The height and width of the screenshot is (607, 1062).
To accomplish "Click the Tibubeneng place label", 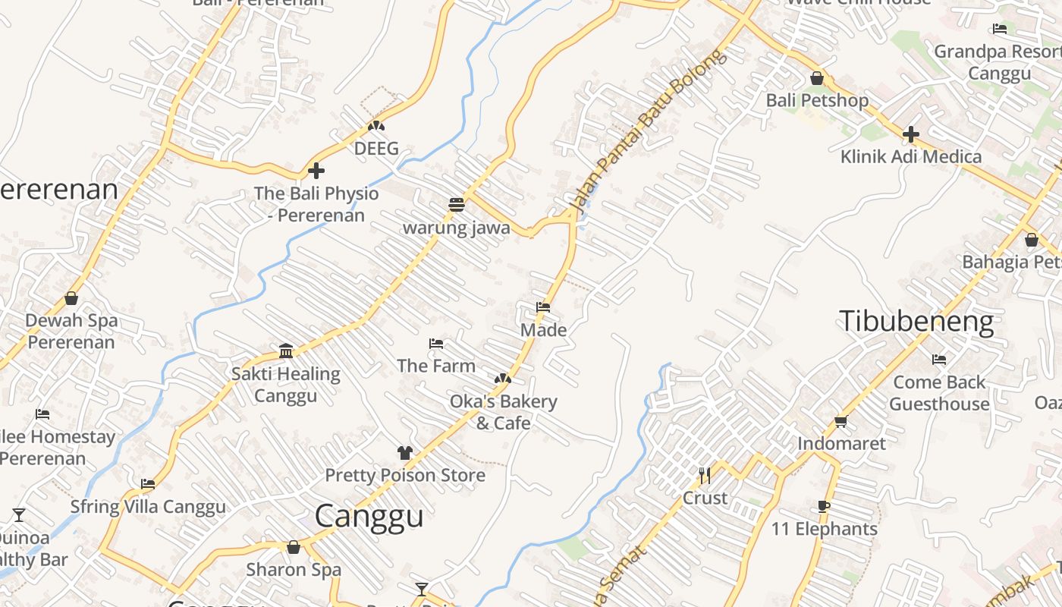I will point(916,322).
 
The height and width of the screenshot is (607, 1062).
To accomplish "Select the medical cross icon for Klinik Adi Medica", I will point(910,134).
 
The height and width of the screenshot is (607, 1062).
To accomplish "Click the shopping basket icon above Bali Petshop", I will point(816,78).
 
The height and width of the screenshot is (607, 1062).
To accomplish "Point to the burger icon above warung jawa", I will point(456,204).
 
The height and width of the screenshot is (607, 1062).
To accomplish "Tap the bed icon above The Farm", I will point(435,344).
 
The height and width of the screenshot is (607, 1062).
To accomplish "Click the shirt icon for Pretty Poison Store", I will point(404,453).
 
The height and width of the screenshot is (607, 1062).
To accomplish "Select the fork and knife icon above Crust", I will point(705,476).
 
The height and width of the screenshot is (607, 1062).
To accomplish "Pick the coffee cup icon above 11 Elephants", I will point(824,507).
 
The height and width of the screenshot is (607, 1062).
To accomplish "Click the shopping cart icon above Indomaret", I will point(840,421).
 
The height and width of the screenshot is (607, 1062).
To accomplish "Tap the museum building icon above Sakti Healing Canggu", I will point(286,351).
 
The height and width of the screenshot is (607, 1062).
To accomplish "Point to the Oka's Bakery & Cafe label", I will point(504,412).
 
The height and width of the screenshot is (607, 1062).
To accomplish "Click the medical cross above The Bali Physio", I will point(316,171).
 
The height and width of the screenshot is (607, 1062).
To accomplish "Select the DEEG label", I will point(376,148).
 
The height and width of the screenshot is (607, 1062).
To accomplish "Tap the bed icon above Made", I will point(543,307).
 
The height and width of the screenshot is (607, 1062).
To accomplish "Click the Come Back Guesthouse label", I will point(939,393).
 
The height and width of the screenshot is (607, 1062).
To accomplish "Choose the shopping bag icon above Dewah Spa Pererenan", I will point(71,298).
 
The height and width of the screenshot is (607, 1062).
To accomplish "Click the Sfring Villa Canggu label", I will point(148,507).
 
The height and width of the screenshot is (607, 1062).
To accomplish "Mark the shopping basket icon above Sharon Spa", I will point(294,547).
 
